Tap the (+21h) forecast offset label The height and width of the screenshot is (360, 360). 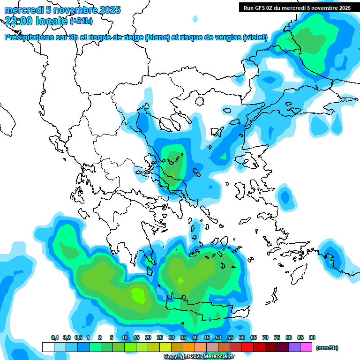(81, 21)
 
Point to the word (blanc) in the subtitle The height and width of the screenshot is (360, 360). (157, 37)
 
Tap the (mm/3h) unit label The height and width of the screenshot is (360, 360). (327, 348)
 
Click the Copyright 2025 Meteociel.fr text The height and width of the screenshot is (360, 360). (199, 357)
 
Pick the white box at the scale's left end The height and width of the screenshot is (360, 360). (48, 347)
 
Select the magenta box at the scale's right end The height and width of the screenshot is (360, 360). (306, 347)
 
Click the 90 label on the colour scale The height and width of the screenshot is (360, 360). (312, 337)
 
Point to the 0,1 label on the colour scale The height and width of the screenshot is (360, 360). (54, 337)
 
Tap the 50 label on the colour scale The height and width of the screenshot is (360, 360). (218, 337)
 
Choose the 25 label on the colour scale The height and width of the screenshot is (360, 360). (160, 337)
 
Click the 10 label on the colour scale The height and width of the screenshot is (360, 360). (125, 337)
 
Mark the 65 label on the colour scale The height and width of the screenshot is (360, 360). (254, 337)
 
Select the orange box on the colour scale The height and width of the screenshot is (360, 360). (189, 347)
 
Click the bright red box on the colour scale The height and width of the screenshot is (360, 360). (247, 347)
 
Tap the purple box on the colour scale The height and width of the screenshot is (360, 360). (294, 347)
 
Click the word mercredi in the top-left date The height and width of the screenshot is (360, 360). (23, 10)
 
